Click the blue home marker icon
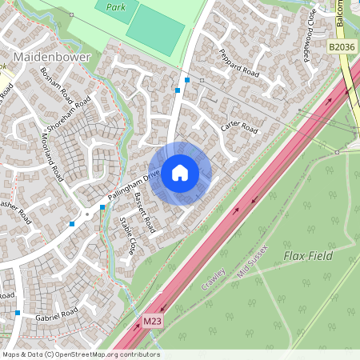[180, 173]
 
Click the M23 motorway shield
[152, 322]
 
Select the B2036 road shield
[342, 48]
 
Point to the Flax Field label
[306, 255]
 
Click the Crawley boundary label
[214, 282]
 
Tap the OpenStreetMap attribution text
[80, 354]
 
